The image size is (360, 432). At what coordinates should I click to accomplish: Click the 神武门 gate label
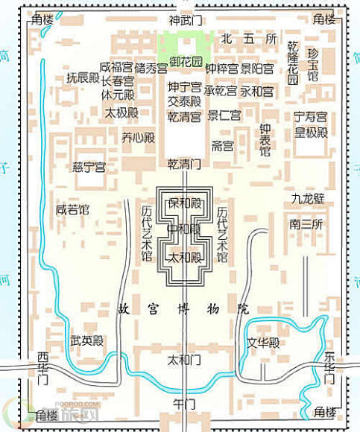[185, 20]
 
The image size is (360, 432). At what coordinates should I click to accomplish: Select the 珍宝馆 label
[313, 65]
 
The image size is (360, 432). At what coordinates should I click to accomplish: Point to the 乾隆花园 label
[293, 63]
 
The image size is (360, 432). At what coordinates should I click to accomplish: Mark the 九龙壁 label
[307, 199]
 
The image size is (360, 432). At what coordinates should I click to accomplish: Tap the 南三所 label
[306, 223]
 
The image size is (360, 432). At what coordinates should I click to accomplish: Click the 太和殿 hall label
[185, 257]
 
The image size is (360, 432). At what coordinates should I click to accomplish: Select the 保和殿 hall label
[185, 203]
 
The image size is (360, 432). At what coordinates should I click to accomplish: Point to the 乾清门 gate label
[184, 163]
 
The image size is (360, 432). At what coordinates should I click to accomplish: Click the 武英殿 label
[87, 341]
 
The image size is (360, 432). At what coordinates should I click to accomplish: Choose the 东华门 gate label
[329, 368]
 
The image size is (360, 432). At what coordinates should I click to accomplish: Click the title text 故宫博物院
[183, 308]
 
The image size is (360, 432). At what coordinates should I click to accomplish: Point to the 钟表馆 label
[265, 140]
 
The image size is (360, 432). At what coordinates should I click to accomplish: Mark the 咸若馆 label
[72, 210]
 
